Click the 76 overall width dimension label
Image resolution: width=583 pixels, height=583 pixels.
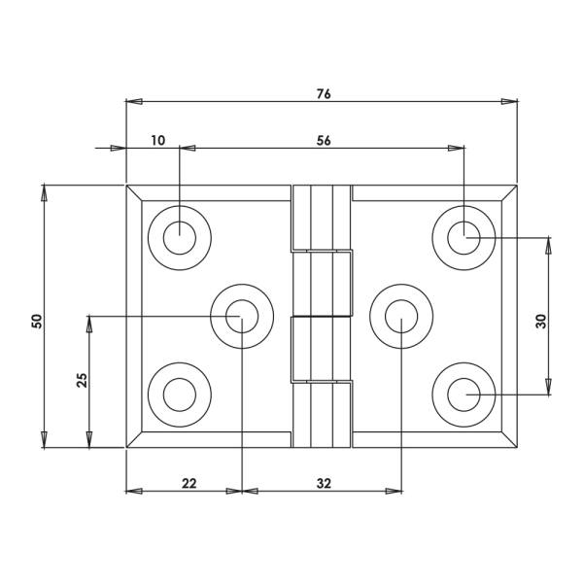(324, 94)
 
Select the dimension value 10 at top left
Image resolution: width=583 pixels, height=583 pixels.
(158, 140)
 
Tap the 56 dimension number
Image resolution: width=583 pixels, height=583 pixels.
(324, 140)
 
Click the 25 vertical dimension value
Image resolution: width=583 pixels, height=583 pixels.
(82, 380)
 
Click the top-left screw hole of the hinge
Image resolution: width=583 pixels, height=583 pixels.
(179, 236)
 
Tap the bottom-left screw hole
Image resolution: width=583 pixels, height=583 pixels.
(179, 394)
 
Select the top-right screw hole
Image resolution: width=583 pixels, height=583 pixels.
(463, 236)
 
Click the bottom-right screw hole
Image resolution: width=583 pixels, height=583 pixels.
(463, 394)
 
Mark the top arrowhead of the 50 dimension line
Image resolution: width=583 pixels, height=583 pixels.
(44, 191)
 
